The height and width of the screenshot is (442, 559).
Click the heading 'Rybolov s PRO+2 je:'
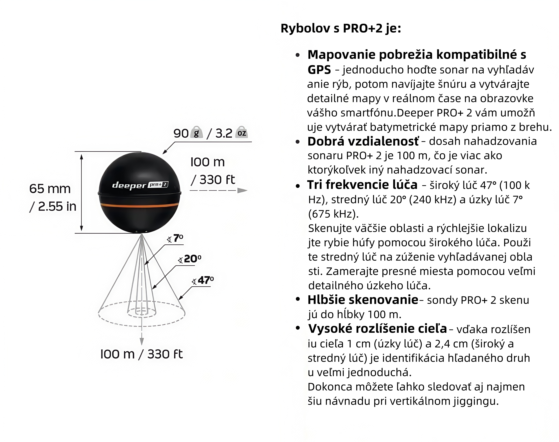341,28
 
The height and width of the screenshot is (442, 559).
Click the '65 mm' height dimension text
50,189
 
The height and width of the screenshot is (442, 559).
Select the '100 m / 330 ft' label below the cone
141,354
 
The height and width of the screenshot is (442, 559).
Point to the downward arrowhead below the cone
141,342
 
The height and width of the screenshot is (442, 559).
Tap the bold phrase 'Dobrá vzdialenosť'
363,141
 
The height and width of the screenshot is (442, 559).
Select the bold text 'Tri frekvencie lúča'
362,185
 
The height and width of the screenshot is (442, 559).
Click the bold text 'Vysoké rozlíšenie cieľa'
377,329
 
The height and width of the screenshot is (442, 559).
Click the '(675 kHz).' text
333,214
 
